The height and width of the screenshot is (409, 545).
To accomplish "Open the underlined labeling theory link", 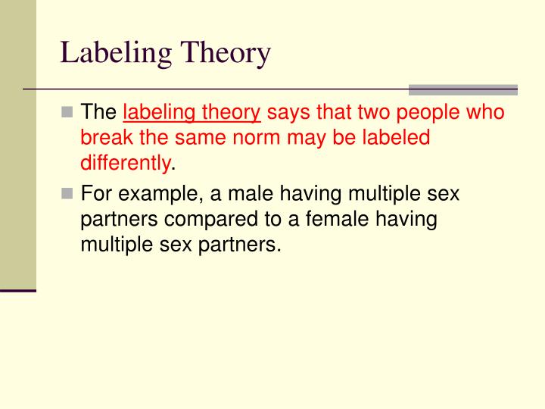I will [x=192, y=113].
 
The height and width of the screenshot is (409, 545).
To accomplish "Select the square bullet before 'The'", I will [x=68, y=113].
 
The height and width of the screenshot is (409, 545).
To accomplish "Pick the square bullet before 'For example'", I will [x=68, y=194].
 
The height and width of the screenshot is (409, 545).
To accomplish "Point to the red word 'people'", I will [x=431, y=113].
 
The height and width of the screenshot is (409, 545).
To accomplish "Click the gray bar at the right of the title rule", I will [x=463, y=89].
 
